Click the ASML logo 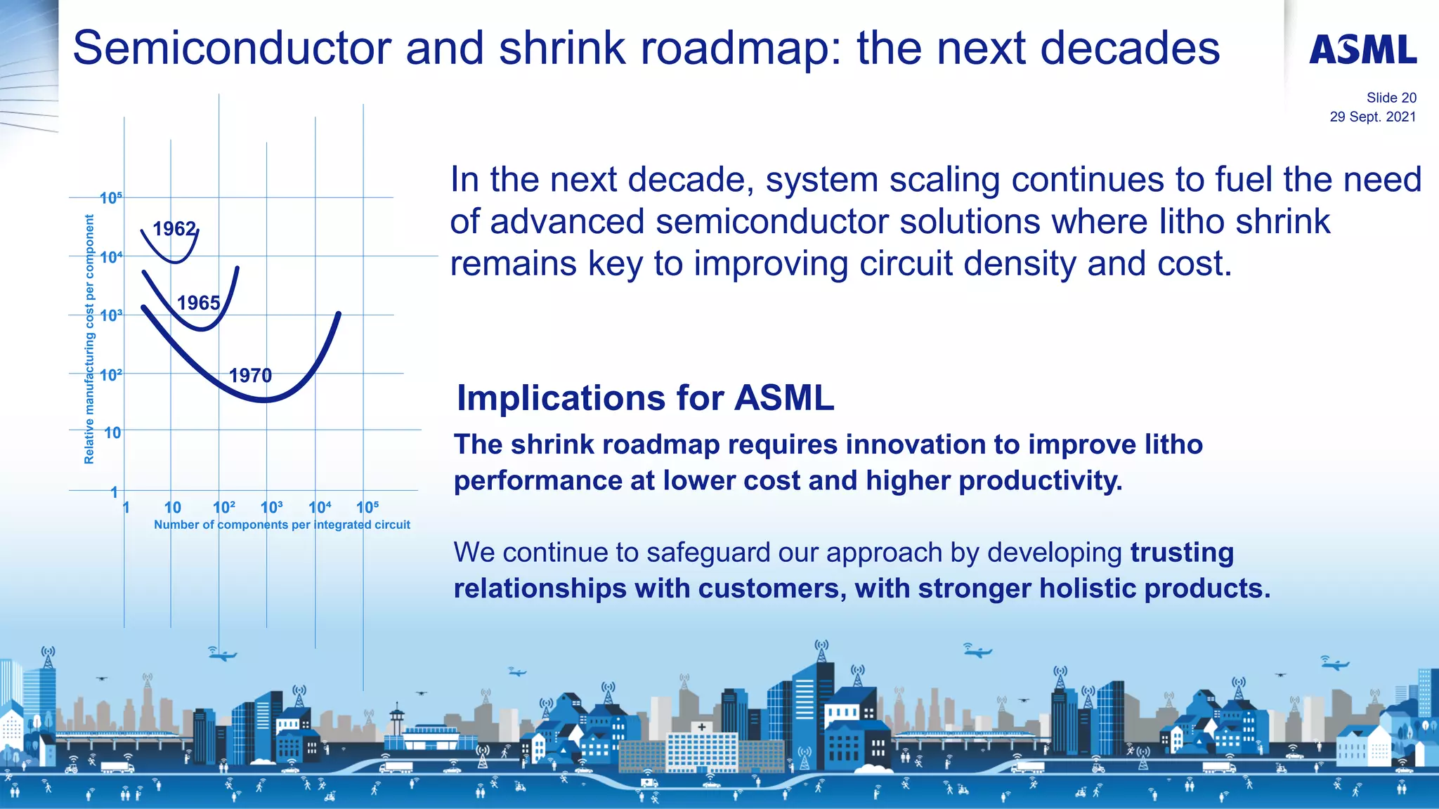click(x=1362, y=50)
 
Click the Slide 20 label click(x=1391, y=98)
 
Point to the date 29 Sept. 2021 click(x=1372, y=117)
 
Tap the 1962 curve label click(x=174, y=229)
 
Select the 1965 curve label click(x=199, y=303)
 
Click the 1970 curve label click(x=250, y=376)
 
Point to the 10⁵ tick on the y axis click(x=110, y=198)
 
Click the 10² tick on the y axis click(x=110, y=375)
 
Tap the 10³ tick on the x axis click(x=271, y=507)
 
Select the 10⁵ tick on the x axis click(x=367, y=507)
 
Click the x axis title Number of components click(x=282, y=525)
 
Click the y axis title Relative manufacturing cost click(x=89, y=339)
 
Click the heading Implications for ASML click(x=645, y=398)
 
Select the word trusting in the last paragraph click(x=1181, y=553)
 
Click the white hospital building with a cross click(x=701, y=748)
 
